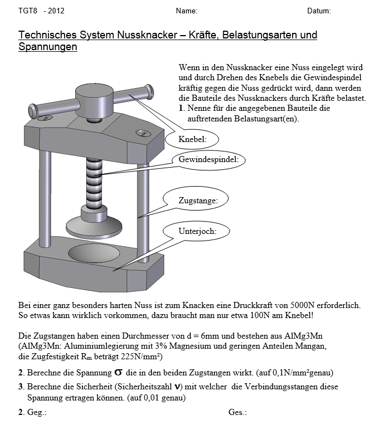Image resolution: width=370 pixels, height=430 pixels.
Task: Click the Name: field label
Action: tap(187, 11)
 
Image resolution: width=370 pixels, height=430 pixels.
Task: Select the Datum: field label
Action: tap(319, 11)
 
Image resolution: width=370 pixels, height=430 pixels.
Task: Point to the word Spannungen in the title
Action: tap(48, 47)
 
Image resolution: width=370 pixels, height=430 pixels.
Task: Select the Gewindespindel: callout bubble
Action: tap(208, 160)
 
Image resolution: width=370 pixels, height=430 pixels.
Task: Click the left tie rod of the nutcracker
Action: tap(42, 192)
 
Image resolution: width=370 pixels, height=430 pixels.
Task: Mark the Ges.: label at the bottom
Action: tap(238, 413)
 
